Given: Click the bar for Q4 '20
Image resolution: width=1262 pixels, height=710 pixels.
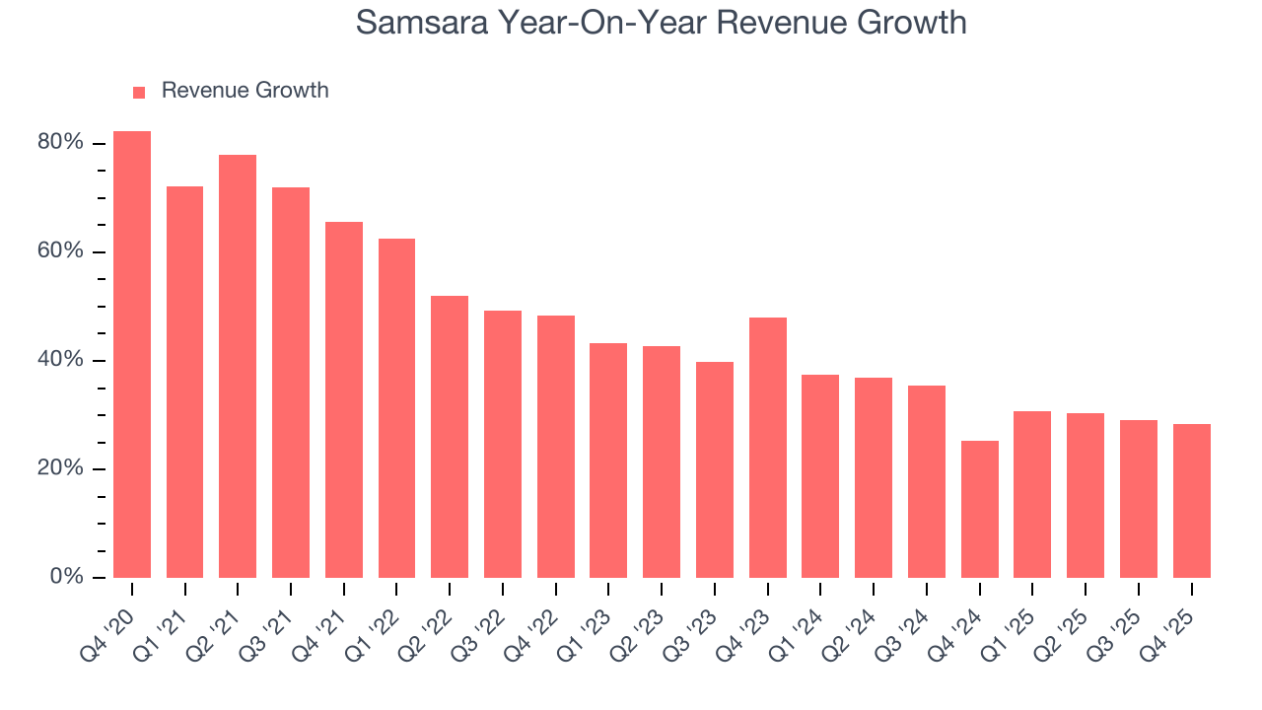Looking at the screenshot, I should click(132, 354).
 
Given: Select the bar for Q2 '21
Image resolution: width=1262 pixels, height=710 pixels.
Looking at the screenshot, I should click(238, 366).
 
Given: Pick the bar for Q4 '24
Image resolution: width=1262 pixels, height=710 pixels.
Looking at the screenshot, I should click(980, 509).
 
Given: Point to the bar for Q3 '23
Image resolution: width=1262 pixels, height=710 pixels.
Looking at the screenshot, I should click(715, 469).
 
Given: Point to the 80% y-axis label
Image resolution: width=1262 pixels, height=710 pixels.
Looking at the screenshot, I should click(60, 143).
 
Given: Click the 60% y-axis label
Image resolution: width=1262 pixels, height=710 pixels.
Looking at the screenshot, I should click(60, 251).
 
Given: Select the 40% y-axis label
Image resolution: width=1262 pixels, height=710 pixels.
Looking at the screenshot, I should click(60, 360).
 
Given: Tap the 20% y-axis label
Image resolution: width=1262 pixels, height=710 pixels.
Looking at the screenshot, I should click(60, 468).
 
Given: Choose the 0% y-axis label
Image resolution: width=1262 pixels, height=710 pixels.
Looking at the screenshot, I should click(65, 577).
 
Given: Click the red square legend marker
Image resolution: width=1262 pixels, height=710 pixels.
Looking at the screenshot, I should click(139, 92).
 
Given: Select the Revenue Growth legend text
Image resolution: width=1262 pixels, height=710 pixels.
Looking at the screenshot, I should click(245, 91).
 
